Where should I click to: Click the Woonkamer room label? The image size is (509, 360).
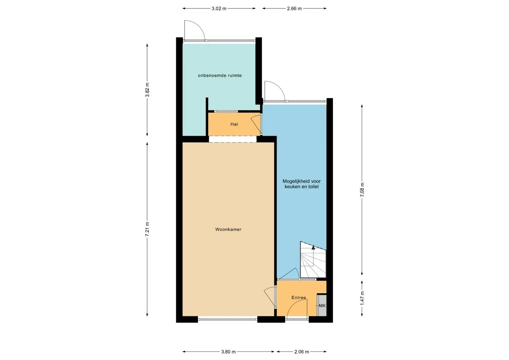point(228,229)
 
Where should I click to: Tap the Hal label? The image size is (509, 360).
point(234,124)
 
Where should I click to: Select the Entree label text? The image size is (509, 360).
point(299,297)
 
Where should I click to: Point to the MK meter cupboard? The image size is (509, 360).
point(322,306)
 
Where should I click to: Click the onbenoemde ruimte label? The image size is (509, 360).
point(220,75)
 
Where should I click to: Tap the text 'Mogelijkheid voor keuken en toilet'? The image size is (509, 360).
point(302,184)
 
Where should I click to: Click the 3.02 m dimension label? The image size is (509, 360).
point(219,8)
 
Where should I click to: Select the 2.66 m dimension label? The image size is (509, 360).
point(294,8)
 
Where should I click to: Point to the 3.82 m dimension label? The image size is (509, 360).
point(147,89)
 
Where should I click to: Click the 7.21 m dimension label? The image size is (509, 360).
point(147,229)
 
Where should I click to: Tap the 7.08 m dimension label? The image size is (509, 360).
point(362,190)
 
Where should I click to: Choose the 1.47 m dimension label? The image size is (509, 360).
point(362,298)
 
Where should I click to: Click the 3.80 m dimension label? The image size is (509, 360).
point(228,352)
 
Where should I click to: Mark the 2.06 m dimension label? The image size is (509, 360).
point(302,352)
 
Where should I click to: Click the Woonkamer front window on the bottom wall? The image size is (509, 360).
point(228,319)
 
